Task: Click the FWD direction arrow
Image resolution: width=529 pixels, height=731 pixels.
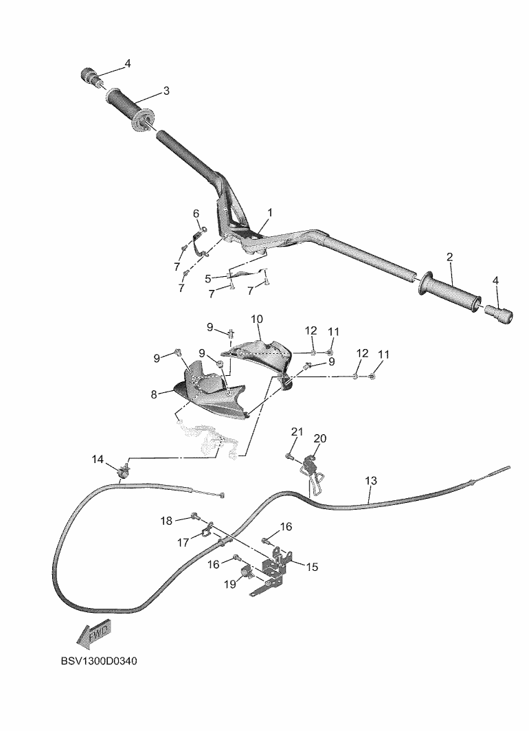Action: click(x=94, y=635)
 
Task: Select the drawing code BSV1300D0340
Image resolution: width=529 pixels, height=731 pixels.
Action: click(x=99, y=663)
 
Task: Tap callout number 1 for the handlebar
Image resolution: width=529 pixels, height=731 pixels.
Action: click(x=270, y=213)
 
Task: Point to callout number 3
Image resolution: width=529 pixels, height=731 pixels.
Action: click(x=166, y=91)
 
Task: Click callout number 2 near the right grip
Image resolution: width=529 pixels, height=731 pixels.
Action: click(x=449, y=258)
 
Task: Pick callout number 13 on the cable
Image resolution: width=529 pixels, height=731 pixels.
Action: click(x=371, y=481)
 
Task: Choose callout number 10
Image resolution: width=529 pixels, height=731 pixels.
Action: click(x=257, y=319)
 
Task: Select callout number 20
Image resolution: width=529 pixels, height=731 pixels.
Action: click(x=320, y=438)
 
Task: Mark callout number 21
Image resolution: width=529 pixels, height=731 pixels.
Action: click(x=297, y=431)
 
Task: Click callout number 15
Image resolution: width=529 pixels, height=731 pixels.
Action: click(x=313, y=567)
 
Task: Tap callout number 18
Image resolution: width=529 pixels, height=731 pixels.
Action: click(x=167, y=521)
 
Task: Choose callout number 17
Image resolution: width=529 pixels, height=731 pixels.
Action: click(x=183, y=543)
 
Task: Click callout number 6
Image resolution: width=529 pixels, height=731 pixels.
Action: click(x=196, y=213)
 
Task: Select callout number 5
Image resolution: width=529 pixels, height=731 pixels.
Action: click(x=208, y=278)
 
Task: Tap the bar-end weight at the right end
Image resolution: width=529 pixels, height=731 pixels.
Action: click(x=499, y=315)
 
